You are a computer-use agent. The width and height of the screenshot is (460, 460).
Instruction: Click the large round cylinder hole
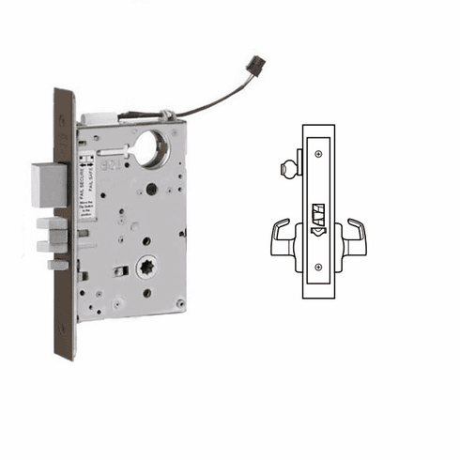click(x=151, y=148)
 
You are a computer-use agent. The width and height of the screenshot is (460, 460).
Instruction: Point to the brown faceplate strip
click(x=65, y=225)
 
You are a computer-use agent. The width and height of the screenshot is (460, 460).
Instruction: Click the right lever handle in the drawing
click(x=354, y=237)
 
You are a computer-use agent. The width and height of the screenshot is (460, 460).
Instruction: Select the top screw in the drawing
click(x=319, y=153)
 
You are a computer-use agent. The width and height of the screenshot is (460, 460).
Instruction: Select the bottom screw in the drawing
click(x=319, y=267)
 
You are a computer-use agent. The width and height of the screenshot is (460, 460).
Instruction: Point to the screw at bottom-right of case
click(x=179, y=302)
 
